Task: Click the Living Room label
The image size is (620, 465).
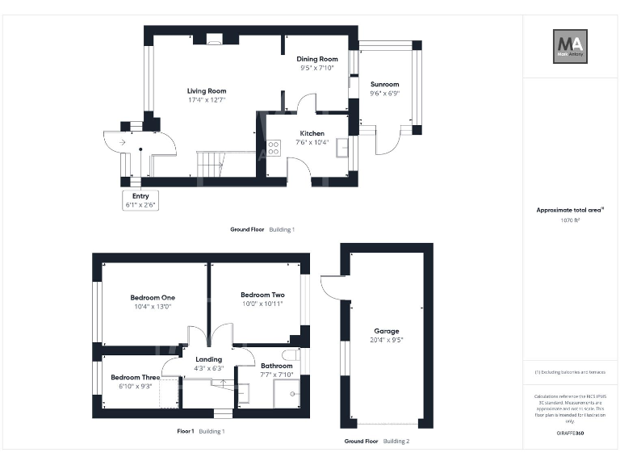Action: click(x=207, y=91)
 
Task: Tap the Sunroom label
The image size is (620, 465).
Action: click(x=384, y=84)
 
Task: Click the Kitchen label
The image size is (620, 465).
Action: click(x=312, y=133)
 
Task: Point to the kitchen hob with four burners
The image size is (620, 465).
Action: click(x=273, y=149)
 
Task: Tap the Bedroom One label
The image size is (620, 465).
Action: click(x=153, y=297)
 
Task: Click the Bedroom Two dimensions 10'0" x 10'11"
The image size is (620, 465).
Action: click(x=262, y=304)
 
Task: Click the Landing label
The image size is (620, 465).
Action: click(x=208, y=359)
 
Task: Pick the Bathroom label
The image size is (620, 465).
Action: click(x=276, y=366)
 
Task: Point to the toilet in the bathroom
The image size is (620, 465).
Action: click(x=291, y=355)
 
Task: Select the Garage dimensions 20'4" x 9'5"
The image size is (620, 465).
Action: click(x=386, y=341)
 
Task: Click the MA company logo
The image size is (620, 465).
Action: click(x=570, y=46)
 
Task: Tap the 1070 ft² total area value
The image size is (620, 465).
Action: click(x=570, y=220)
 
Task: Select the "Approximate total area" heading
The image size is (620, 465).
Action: click(x=570, y=210)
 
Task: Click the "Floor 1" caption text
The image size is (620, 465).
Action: click(x=186, y=431)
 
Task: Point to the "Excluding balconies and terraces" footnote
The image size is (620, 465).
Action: click(x=570, y=372)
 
